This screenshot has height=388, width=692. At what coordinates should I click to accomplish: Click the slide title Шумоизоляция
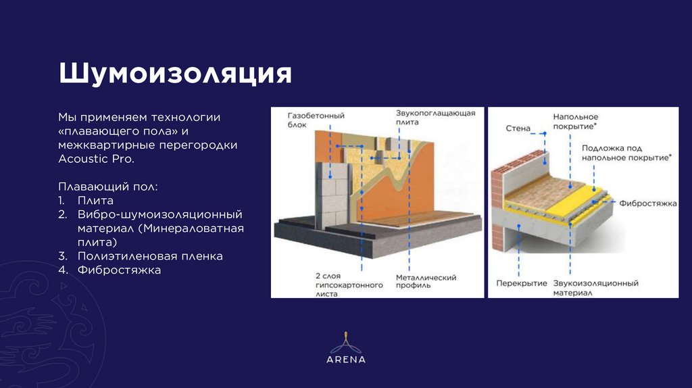point(175,73)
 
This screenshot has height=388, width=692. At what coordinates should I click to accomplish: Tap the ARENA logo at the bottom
point(346,348)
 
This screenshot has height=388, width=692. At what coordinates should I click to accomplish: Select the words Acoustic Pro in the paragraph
point(96,159)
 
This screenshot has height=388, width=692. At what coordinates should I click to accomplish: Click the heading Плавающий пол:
point(108,187)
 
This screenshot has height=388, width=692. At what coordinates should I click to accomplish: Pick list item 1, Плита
point(95,200)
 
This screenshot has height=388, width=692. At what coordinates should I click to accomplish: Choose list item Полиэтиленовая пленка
point(150,256)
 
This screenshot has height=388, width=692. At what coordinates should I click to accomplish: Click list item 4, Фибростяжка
point(119,270)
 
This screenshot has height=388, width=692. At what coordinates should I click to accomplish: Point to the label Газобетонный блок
point(316,120)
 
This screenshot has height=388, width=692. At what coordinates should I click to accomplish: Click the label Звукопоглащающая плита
point(435,118)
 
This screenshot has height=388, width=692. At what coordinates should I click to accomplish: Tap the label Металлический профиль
point(426,281)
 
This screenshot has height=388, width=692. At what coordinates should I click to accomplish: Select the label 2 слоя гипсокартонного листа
point(349,285)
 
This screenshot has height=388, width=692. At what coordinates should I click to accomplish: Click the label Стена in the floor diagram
point(518,128)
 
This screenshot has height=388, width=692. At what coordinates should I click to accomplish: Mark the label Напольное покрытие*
point(576,122)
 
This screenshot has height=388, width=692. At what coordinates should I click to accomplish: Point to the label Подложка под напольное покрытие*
point(626,153)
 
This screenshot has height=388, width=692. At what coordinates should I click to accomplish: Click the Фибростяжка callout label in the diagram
point(648,203)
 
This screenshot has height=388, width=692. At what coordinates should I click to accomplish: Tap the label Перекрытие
point(522,283)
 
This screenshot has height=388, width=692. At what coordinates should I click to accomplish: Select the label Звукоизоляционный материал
point(596,288)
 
